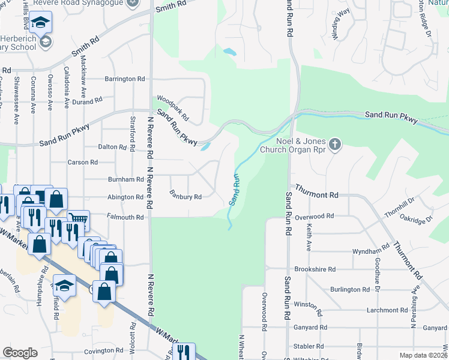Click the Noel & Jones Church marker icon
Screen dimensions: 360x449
335,144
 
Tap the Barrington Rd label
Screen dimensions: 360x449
125,79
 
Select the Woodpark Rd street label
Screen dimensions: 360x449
172,107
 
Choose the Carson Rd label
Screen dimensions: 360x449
82,162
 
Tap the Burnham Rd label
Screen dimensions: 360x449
125,179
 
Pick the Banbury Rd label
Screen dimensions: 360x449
185,196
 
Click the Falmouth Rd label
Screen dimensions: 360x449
126,217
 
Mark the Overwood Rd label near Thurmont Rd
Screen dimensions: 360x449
319,215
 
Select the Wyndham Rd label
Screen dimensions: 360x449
371,251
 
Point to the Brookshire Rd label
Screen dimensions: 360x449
315,269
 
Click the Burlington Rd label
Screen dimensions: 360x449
350,289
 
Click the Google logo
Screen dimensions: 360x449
20,353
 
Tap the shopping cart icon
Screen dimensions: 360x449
79,220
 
